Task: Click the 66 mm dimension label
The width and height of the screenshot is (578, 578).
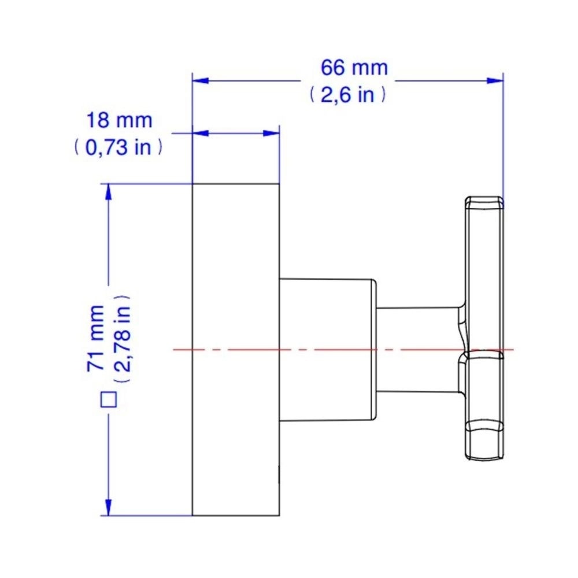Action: [354, 68]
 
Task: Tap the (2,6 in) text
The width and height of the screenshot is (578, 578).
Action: [347, 95]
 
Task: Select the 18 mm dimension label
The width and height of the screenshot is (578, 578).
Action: [119, 121]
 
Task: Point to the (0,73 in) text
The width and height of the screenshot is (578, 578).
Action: [118, 147]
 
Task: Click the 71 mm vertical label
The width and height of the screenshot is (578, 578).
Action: [96, 338]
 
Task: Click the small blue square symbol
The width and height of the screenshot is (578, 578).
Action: [109, 399]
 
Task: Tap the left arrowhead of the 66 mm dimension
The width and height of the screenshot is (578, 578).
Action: [201, 81]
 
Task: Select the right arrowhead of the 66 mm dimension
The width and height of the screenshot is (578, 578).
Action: [495, 81]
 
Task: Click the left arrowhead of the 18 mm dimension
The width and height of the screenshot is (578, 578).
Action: [201, 133]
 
